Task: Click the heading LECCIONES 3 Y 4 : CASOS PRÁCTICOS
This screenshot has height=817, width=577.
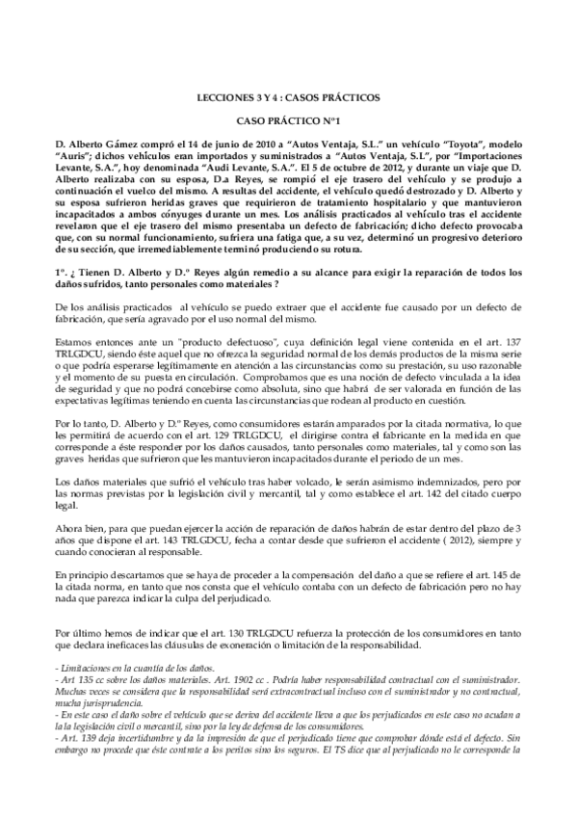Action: [288, 97]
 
